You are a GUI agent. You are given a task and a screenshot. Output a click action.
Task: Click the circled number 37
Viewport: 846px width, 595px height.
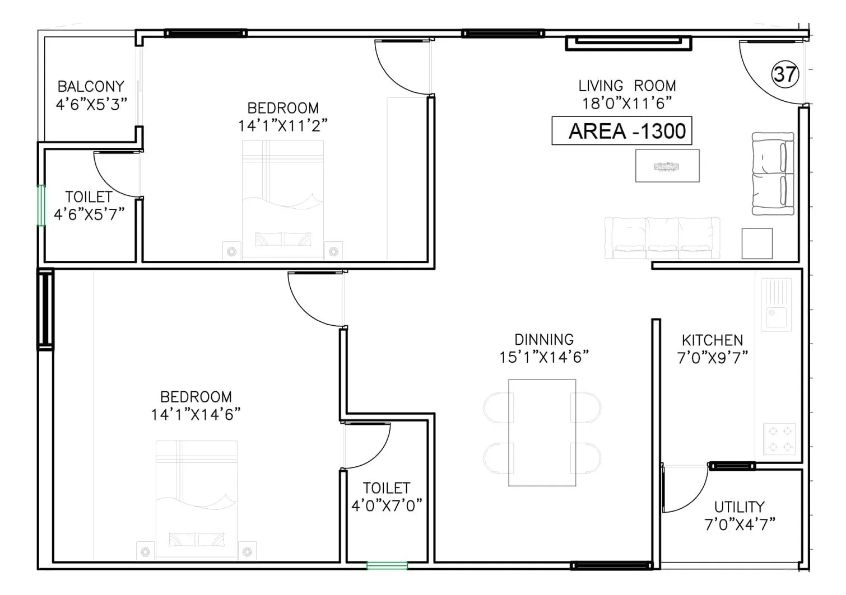tap(785, 74)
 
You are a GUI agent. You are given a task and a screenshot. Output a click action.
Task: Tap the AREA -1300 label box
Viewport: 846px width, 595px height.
tap(621, 131)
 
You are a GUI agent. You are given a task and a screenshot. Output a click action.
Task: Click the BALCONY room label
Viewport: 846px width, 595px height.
tap(91, 87)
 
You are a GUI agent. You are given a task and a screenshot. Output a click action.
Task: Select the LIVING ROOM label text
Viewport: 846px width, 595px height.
tap(627, 86)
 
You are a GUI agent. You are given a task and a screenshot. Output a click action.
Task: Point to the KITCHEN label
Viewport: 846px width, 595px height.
tap(712, 340)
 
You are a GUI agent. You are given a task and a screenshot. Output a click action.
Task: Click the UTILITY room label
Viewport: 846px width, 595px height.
tap(739, 507)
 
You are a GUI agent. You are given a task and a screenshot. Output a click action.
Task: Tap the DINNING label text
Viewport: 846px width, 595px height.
tap(544, 340)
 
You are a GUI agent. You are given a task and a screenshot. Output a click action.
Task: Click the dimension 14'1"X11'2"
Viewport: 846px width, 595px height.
tap(283, 125)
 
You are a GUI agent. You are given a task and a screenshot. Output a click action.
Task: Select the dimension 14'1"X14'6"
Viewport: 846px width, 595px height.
tap(196, 415)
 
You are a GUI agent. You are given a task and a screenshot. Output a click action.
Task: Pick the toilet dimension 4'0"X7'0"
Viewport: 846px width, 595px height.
tap(387, 506)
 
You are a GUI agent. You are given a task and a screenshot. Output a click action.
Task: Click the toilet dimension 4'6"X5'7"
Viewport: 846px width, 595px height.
tap(89, 214)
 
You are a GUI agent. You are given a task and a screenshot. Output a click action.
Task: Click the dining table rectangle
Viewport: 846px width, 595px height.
tap(542, 433)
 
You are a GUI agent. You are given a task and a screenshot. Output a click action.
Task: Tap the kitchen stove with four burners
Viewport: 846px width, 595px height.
tap(780, 438)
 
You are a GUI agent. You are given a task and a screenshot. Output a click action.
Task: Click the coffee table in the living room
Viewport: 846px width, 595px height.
tap(667, 166)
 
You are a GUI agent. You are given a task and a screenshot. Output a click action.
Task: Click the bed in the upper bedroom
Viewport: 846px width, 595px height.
tap(283, 199)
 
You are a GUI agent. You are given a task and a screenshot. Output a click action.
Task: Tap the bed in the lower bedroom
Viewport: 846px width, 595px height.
tap(196, 498)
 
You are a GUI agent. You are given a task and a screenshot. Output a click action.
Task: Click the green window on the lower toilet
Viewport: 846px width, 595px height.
tap(387, 566)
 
